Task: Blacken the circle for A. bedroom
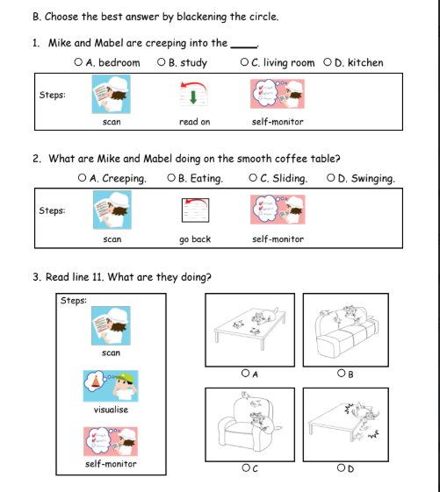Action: [x=78, y=62]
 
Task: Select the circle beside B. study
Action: [x=161, y=62]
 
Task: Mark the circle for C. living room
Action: [x=244, y=62]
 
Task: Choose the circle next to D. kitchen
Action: [x=328, y=62]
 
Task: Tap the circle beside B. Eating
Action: [x=171, y=178]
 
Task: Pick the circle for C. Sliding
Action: [x=253, y=178]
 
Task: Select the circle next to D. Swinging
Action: [x=330, y=178]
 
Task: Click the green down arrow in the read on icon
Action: [x=193, y=97]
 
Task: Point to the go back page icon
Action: [x=195, y=210]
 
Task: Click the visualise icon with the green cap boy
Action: [x=111, y=386]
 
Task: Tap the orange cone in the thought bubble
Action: [x=96, y=381]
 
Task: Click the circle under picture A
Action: [x=245, y=373]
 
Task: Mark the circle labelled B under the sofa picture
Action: [x=341, y=373]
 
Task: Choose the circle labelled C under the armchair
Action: [x=246, y=467]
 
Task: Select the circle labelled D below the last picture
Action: [x=341, y=467]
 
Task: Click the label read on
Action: [x=195, y=122]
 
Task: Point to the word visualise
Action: [x=111, y=410]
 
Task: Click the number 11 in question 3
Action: [x=97, y=277]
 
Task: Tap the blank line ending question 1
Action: [x=244, y=47]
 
